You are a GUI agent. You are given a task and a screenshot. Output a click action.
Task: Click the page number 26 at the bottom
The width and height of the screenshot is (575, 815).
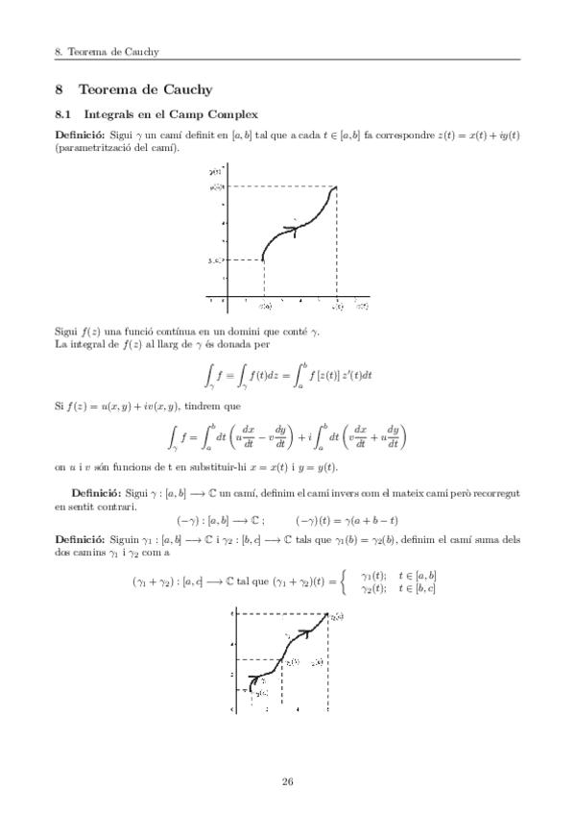[287, 779]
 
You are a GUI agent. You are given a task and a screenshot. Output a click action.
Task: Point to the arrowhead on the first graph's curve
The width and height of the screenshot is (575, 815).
[292, 229]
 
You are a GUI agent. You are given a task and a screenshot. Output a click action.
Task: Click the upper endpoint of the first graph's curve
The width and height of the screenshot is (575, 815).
[335, 186]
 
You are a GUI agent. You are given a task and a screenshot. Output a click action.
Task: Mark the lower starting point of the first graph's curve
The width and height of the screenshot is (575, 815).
[263, 259]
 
